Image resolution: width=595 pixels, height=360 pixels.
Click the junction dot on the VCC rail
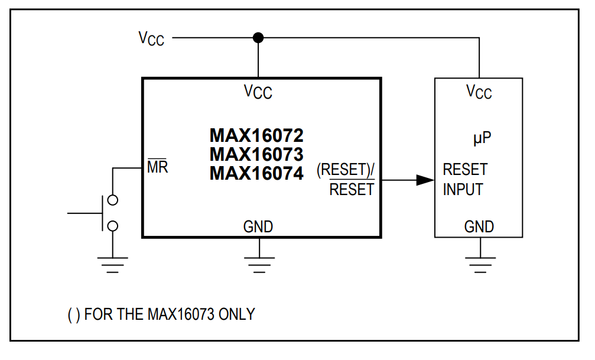click(258, 38)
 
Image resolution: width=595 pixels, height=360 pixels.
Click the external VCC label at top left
click(151, 38)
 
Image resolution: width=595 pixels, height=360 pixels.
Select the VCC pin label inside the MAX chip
click(258, 92)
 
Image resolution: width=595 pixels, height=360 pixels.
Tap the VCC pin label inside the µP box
click(479, 92)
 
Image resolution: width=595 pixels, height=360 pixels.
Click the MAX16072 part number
click(256, 136)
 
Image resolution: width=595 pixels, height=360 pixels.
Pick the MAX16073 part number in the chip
click(256, 155)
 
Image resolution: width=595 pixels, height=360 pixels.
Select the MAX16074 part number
click(256, 174)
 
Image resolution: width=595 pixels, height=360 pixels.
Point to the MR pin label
click(157, 167)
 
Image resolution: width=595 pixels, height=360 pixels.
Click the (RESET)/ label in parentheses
click(346, 170)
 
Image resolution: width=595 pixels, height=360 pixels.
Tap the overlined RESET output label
click(352, 190)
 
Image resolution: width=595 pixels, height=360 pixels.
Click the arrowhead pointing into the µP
click(425, 180)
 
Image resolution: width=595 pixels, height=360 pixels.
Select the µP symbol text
click(483, 140)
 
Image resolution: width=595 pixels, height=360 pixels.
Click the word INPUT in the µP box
click(463, 190)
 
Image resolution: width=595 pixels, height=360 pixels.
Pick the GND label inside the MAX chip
click(258, 226)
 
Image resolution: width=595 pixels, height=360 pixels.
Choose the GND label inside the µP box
click(479, 226)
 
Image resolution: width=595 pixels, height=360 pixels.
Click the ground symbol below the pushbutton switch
click(112, 262)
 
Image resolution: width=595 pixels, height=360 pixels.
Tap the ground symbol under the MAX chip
click(258, 262)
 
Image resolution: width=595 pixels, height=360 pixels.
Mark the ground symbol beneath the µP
click(479, 262)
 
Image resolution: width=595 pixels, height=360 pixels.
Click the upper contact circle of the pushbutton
click(112, 200)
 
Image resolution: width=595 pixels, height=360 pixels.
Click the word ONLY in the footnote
click(236, 314)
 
